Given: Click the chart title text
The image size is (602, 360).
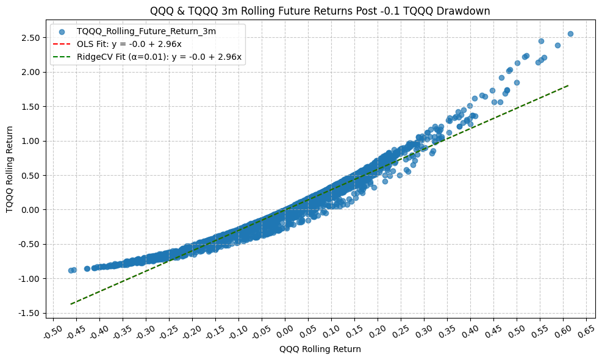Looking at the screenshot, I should point(320,10).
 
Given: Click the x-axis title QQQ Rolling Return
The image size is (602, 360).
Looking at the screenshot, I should point(320,350).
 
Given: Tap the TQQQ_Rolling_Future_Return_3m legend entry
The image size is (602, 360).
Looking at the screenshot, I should point(146,31).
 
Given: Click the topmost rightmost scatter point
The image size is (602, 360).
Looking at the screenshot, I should point(570,34).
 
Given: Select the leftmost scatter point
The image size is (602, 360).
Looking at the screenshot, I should point(71,270).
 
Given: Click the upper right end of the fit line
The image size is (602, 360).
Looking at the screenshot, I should point(568,85).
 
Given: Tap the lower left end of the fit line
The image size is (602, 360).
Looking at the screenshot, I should point(71,304).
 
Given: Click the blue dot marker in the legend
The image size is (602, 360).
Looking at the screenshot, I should point(62,31).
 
